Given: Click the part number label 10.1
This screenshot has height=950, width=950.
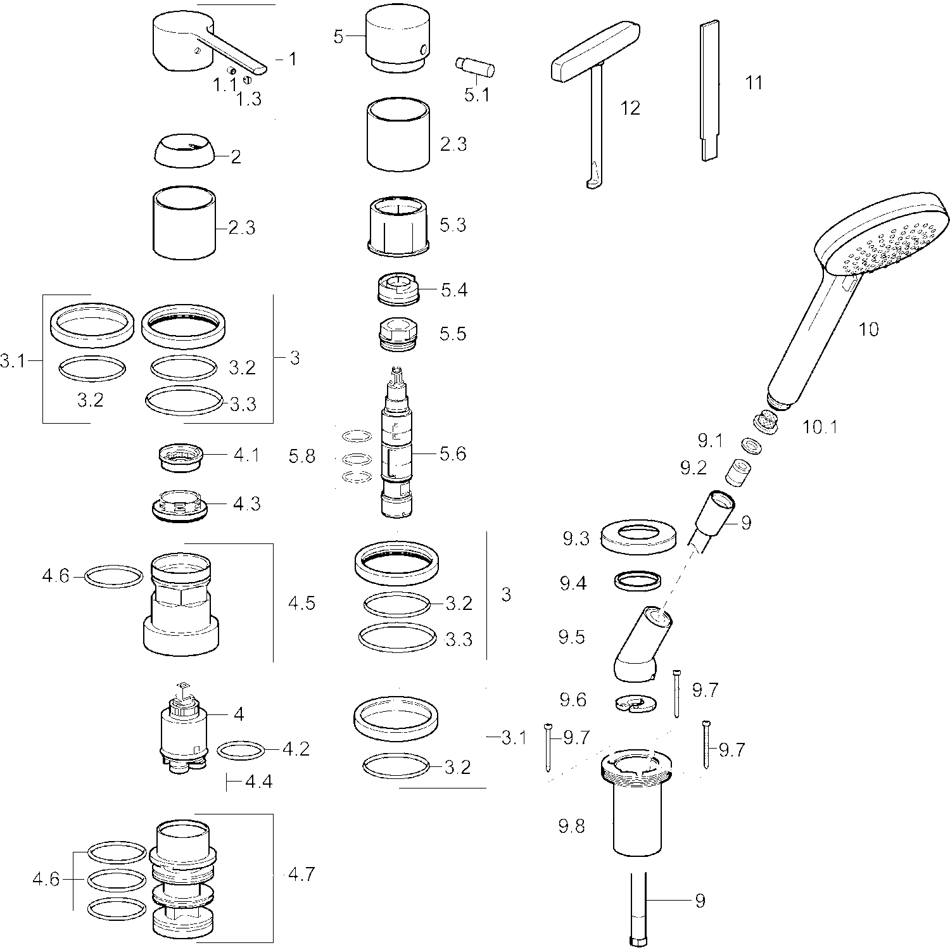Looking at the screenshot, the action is tap(820, 427).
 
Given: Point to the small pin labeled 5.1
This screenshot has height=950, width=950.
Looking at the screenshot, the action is tap(475, 66).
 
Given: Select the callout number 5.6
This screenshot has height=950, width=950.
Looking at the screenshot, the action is tap(453, 453).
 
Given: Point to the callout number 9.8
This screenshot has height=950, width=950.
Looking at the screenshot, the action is tap(571, 826).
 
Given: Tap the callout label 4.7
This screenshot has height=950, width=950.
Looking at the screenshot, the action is tap(301, 874).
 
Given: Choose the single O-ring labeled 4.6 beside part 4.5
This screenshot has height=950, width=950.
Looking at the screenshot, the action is tap(114, 576).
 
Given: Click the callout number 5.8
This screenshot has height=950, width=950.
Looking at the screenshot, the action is tap(301, 456).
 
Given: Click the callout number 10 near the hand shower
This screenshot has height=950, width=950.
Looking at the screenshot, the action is tap(868, 329).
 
